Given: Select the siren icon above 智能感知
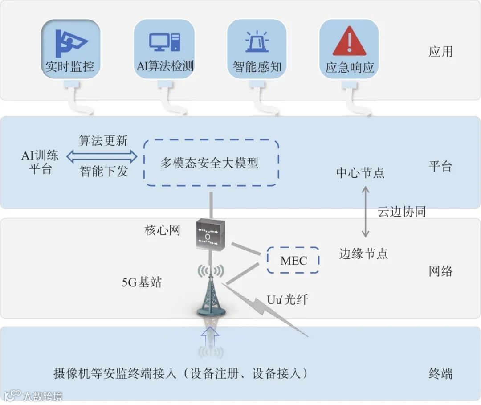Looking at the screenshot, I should [257, 42].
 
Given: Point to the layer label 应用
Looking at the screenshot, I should [440, 52].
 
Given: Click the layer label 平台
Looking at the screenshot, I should [440, 166].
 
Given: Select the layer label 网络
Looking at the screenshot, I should [440, 271].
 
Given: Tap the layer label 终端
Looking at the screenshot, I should [440, 373].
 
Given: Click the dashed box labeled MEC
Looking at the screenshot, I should [293, 260].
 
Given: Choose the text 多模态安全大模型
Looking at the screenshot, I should [209, 163].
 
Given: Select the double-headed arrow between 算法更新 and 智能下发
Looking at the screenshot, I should [102, 155].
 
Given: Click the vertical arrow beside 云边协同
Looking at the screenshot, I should [365, 212].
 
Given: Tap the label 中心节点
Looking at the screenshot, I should [360, 173].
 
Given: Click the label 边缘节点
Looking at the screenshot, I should [363, 254].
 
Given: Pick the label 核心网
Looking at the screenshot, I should [162, 230].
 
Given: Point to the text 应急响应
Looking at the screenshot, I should [350, 68].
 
